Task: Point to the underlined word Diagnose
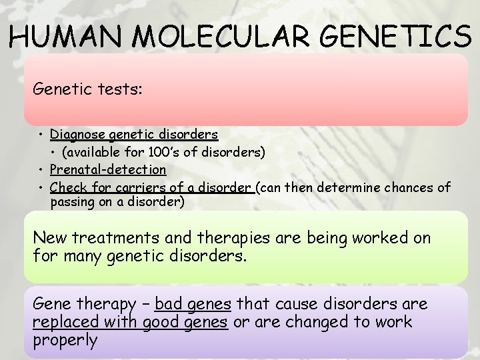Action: tap(77, 135)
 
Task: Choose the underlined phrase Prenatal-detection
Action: tap(108, 170)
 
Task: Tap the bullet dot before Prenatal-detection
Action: tap(41, 170)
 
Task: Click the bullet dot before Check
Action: tap(41, 187)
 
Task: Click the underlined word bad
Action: tap(167, 305)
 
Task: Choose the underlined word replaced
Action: tap(62, 323)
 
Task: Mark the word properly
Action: tap(65, 341)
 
